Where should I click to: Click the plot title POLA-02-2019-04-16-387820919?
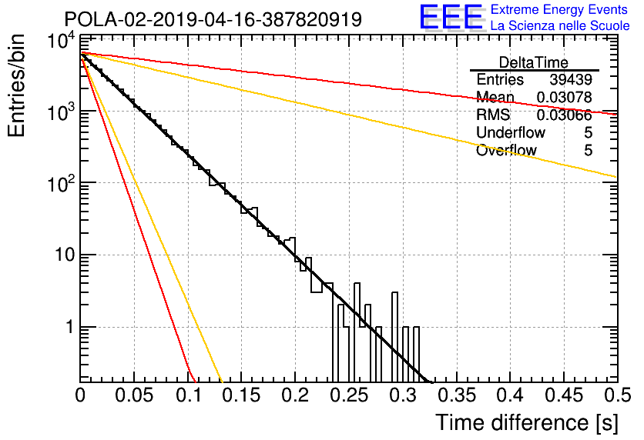pyautogui.click(x=213, y=20)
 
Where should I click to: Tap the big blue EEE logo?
pyautogui.click(x=452, y=18)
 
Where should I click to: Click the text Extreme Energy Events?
pyautogui.click(x=559, y=9)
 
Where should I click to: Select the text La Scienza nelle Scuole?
pyautogui.click(x=560, y=26)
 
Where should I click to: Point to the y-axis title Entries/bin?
pyautogui.click(x=17, y=85)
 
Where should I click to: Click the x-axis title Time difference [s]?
pyautogui.click(x=527, y=423)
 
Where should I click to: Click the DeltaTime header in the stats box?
pyautogui.click(x=534, y=62)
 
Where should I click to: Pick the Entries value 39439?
pyautogui.click(x=571, y=79)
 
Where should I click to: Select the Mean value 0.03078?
pyautogui.click(x=565, y=97)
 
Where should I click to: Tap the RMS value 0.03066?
pyautogui.click(x=565, y=115)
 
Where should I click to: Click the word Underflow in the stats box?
pyautogui.click(x=511, y=132)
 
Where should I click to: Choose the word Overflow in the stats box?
pyautogui.click(x=506, y=150)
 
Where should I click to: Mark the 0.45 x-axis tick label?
pyautogui.click(x=564, y=395)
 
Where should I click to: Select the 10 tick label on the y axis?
pyautogui.click(x=65, y=255)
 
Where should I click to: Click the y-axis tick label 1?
pyautogui.click(x=70, y=327)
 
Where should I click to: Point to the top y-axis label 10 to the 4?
pyautogui.click(x=62, y=41)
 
